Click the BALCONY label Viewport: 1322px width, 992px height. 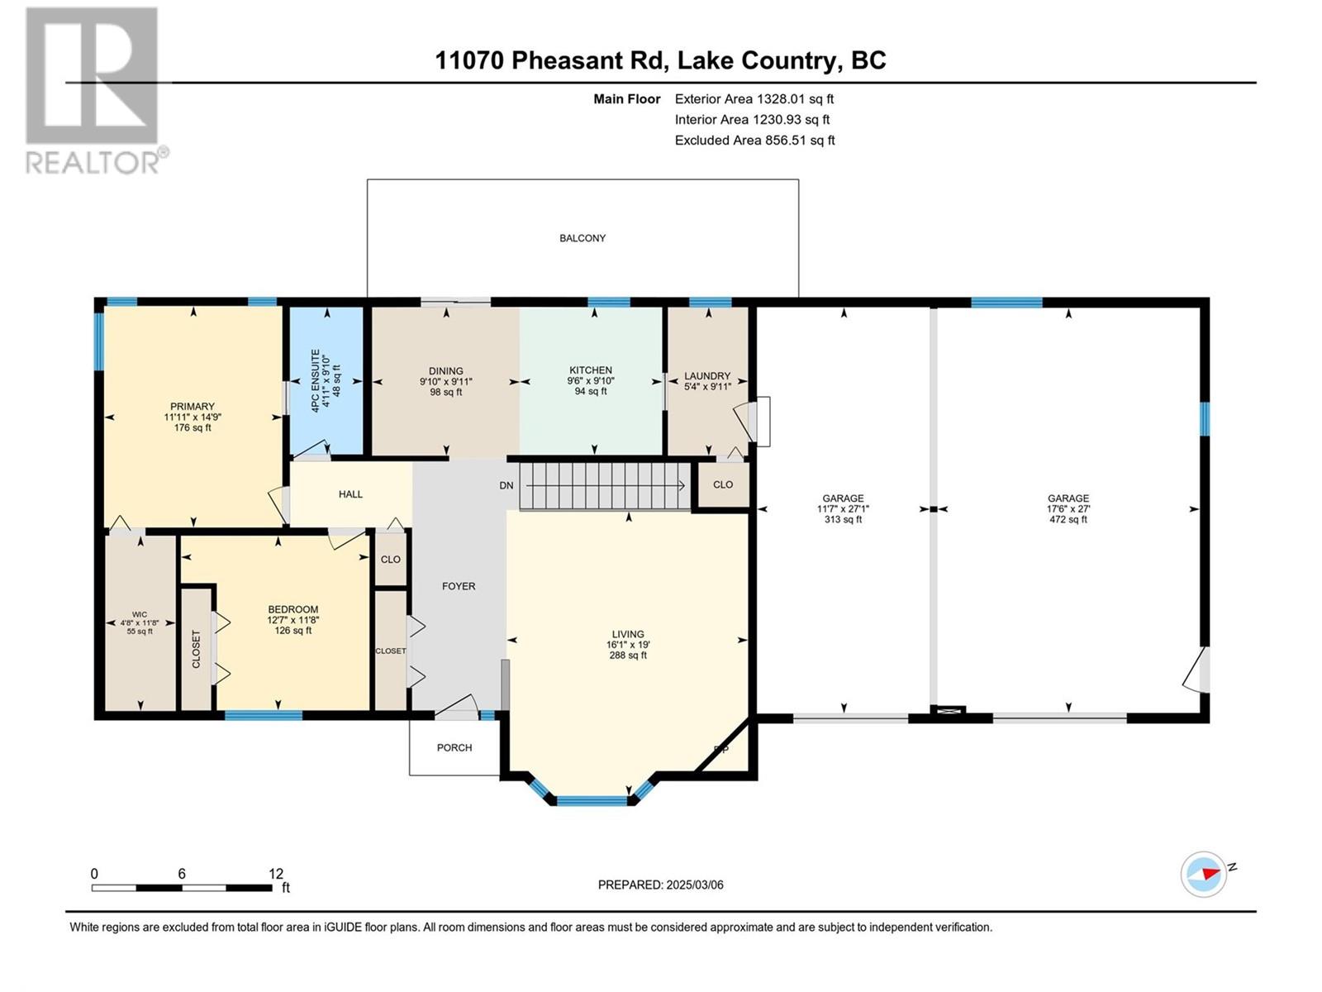pyautogui.click(x=583, y=238)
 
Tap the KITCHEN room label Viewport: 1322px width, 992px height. pyautogui.click(x=591, y=370)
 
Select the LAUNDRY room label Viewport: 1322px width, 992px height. pyautogui.click(x=707, y=376)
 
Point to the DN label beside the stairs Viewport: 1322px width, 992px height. pyautogui.click(x=506, y=485)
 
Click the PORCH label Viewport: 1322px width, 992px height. pyautogui.click(x=454, y=747)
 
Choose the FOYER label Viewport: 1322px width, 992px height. pyautogui.click(x=459, y=586)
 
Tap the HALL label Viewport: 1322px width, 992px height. pyautogui.click(x=350, y=494)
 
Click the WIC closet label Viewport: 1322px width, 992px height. pyautogui.click(x=139, y=614)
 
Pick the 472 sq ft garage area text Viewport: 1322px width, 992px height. pyautogui.click(x=1068, y=519)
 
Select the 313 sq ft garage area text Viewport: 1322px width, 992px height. pyautogui.click(x=844, y=519)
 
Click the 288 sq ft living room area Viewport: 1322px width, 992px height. pyautogui.click(x=628, y=656)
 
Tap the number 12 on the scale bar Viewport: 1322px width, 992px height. pyautogui.click(x=276, y=873)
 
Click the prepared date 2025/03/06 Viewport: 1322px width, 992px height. pyautogui.click(x=694, y=885)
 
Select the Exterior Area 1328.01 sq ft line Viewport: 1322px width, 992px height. pyautogui.click(x=754, y=98)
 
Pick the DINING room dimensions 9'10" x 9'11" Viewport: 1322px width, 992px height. pyautogui.click(x=446, y=381)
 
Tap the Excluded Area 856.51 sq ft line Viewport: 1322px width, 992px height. pyautogui.click(x=754, y=141)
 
